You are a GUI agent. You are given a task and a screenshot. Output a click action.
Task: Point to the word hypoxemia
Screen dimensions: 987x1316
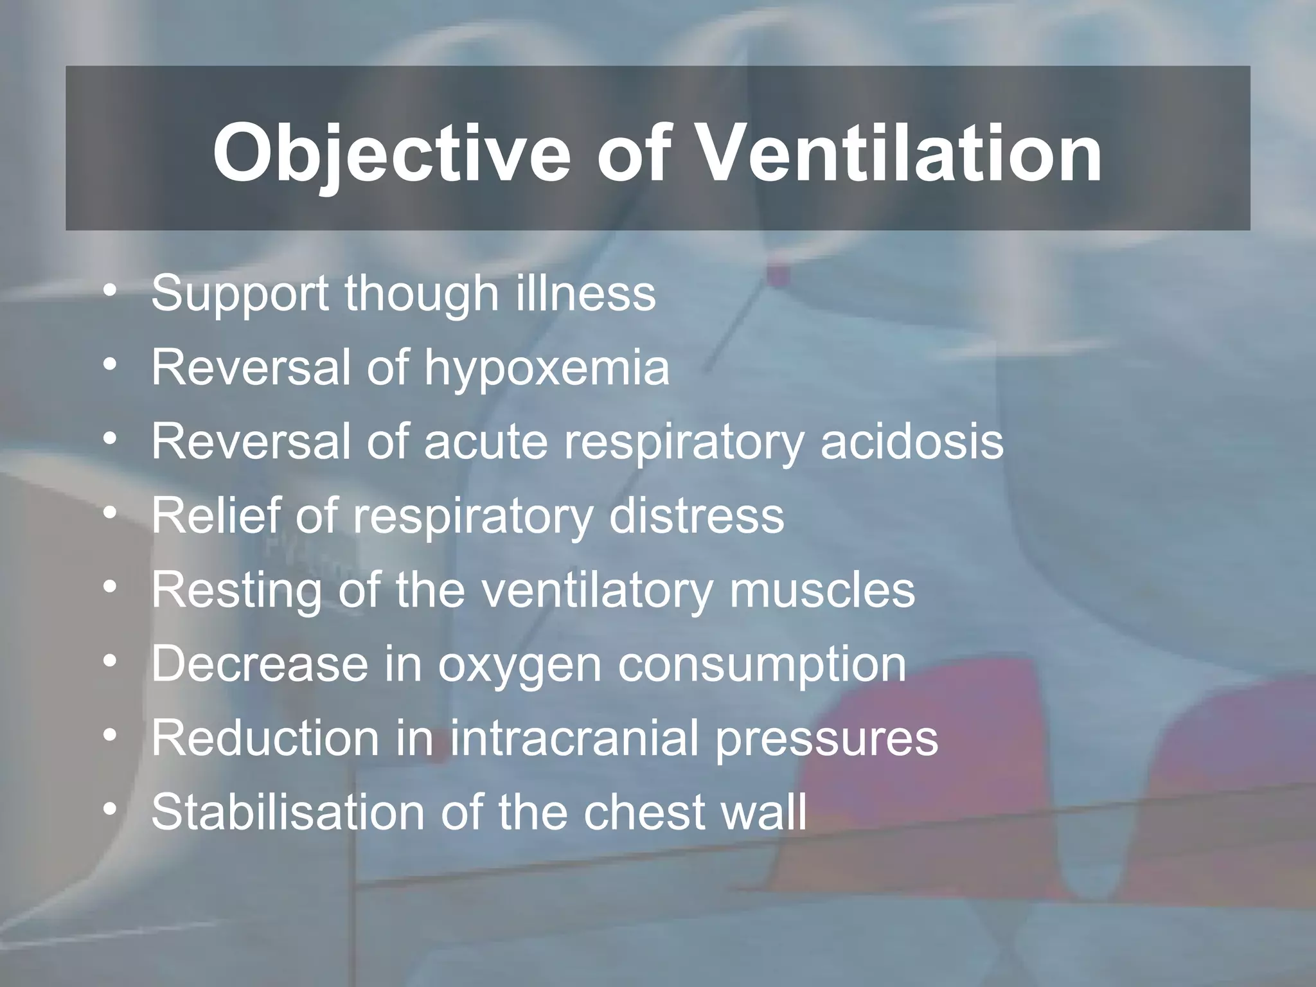(546, 369)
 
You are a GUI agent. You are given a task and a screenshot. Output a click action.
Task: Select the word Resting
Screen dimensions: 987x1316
(236, 591)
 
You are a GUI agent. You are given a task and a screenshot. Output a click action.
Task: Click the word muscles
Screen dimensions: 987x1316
(822, 590)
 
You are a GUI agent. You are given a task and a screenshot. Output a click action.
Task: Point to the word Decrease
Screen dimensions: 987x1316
(259, 664)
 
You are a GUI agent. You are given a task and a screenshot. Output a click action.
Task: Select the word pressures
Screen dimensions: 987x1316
(826, 740)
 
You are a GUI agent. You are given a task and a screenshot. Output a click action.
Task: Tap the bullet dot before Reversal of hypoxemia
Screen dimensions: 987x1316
(111, 366)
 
